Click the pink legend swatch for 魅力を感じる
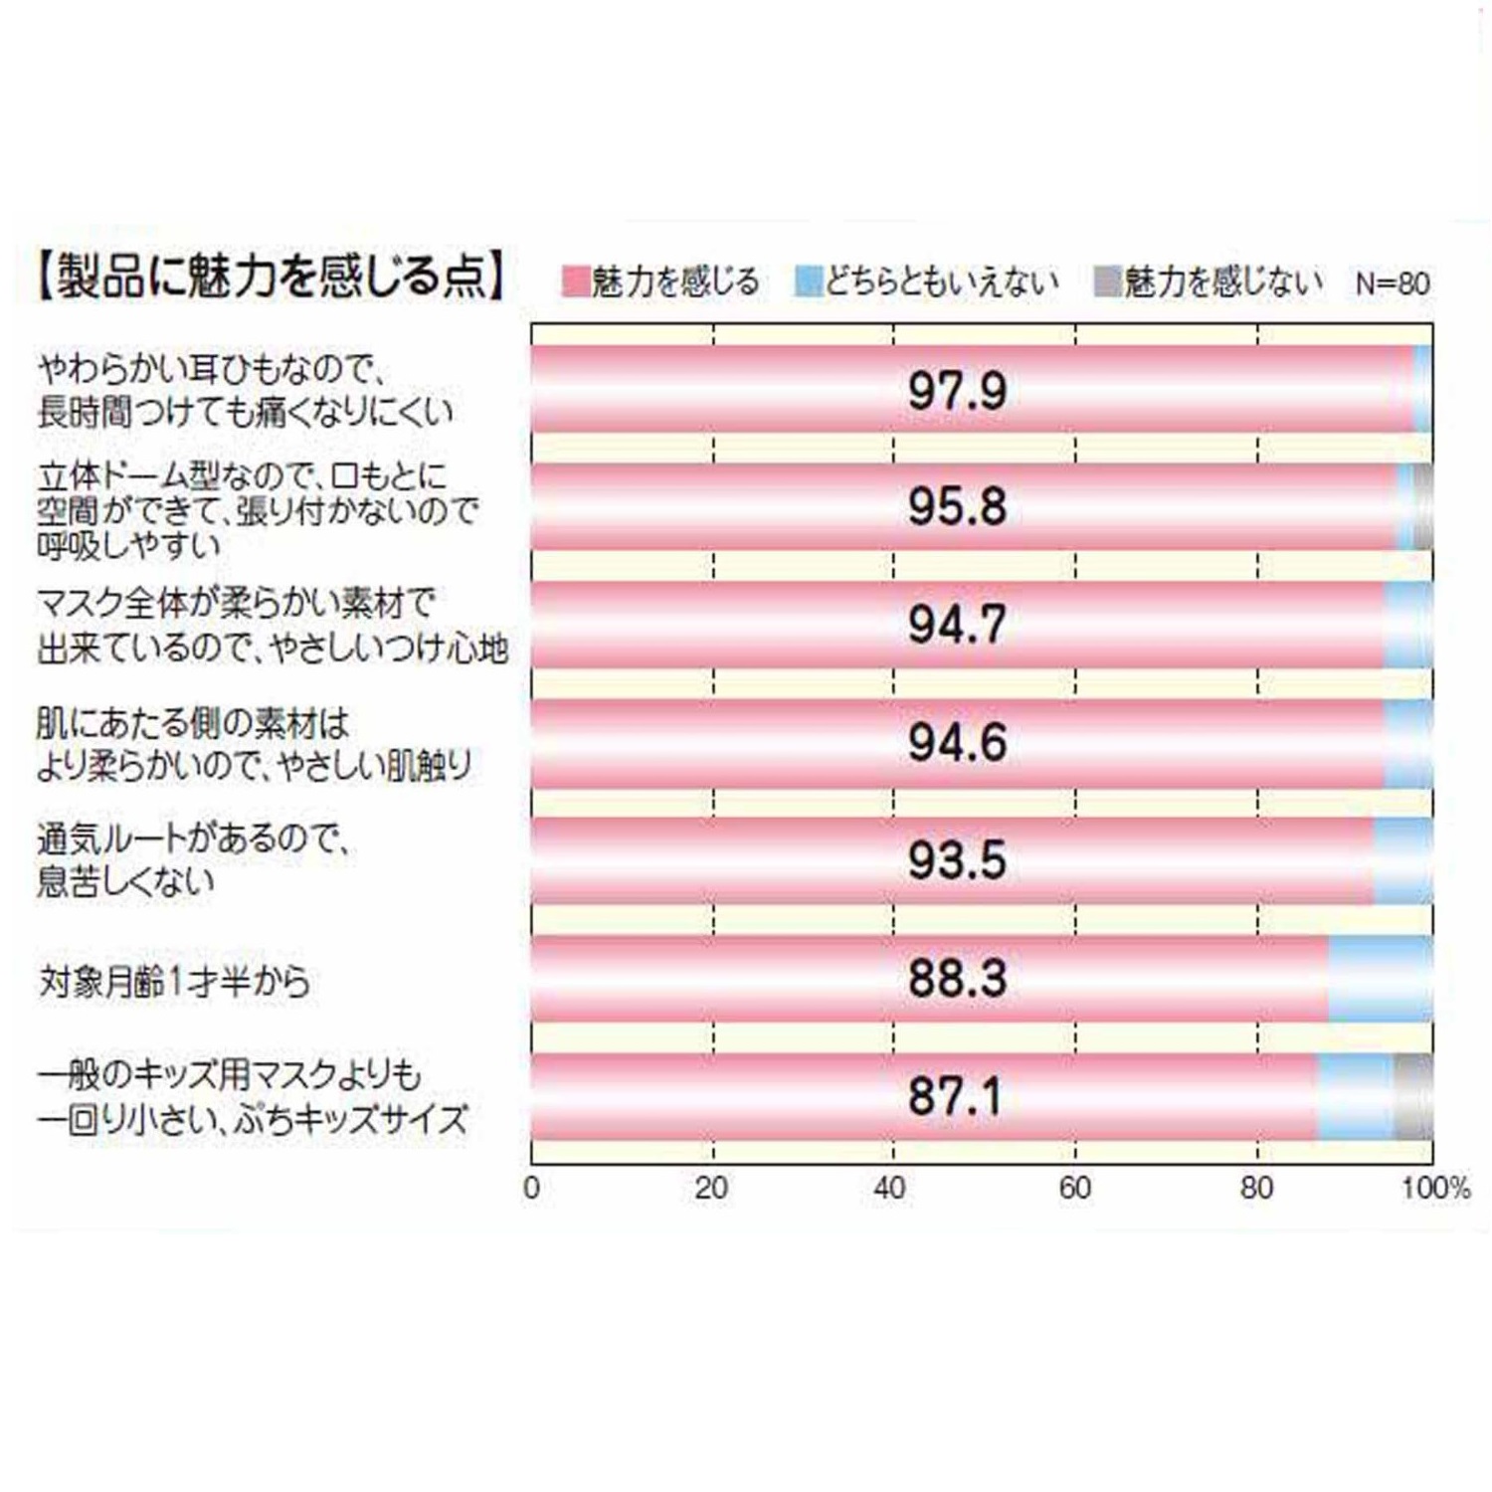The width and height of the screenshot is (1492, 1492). [x=575, y=281]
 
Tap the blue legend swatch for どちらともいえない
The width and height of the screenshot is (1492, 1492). [x=808, y=281]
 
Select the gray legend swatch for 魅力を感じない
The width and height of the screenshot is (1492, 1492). [x=1107, y=281]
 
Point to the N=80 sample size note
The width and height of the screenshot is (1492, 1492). [x=1392, y=283]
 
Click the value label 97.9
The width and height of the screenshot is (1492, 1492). [x=957, y=390]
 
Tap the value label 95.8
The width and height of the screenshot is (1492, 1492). [x=957, y=506]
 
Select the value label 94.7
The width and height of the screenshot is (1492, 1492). [x=957, y=625]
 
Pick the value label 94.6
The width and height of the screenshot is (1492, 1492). [x=957, y=743]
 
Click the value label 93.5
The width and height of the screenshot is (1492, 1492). [x=957, y=860]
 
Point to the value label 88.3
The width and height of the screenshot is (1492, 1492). [x=957, y=979]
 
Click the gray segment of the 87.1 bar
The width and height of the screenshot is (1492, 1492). [x=1413, y=1096]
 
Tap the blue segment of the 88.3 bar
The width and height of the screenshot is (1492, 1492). [x=1381, y=979]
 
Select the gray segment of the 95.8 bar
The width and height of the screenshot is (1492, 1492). [x=1423, y=506]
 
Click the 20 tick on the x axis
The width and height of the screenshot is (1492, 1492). [x=711, y=1188]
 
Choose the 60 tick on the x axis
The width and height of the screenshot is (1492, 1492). [x=1074, y=1188]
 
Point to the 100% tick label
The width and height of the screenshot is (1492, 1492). [x=1434, y=1188]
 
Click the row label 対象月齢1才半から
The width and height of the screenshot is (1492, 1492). [x=174, y=982]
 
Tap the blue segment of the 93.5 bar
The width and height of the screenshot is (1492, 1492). [x=1402, y=860]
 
